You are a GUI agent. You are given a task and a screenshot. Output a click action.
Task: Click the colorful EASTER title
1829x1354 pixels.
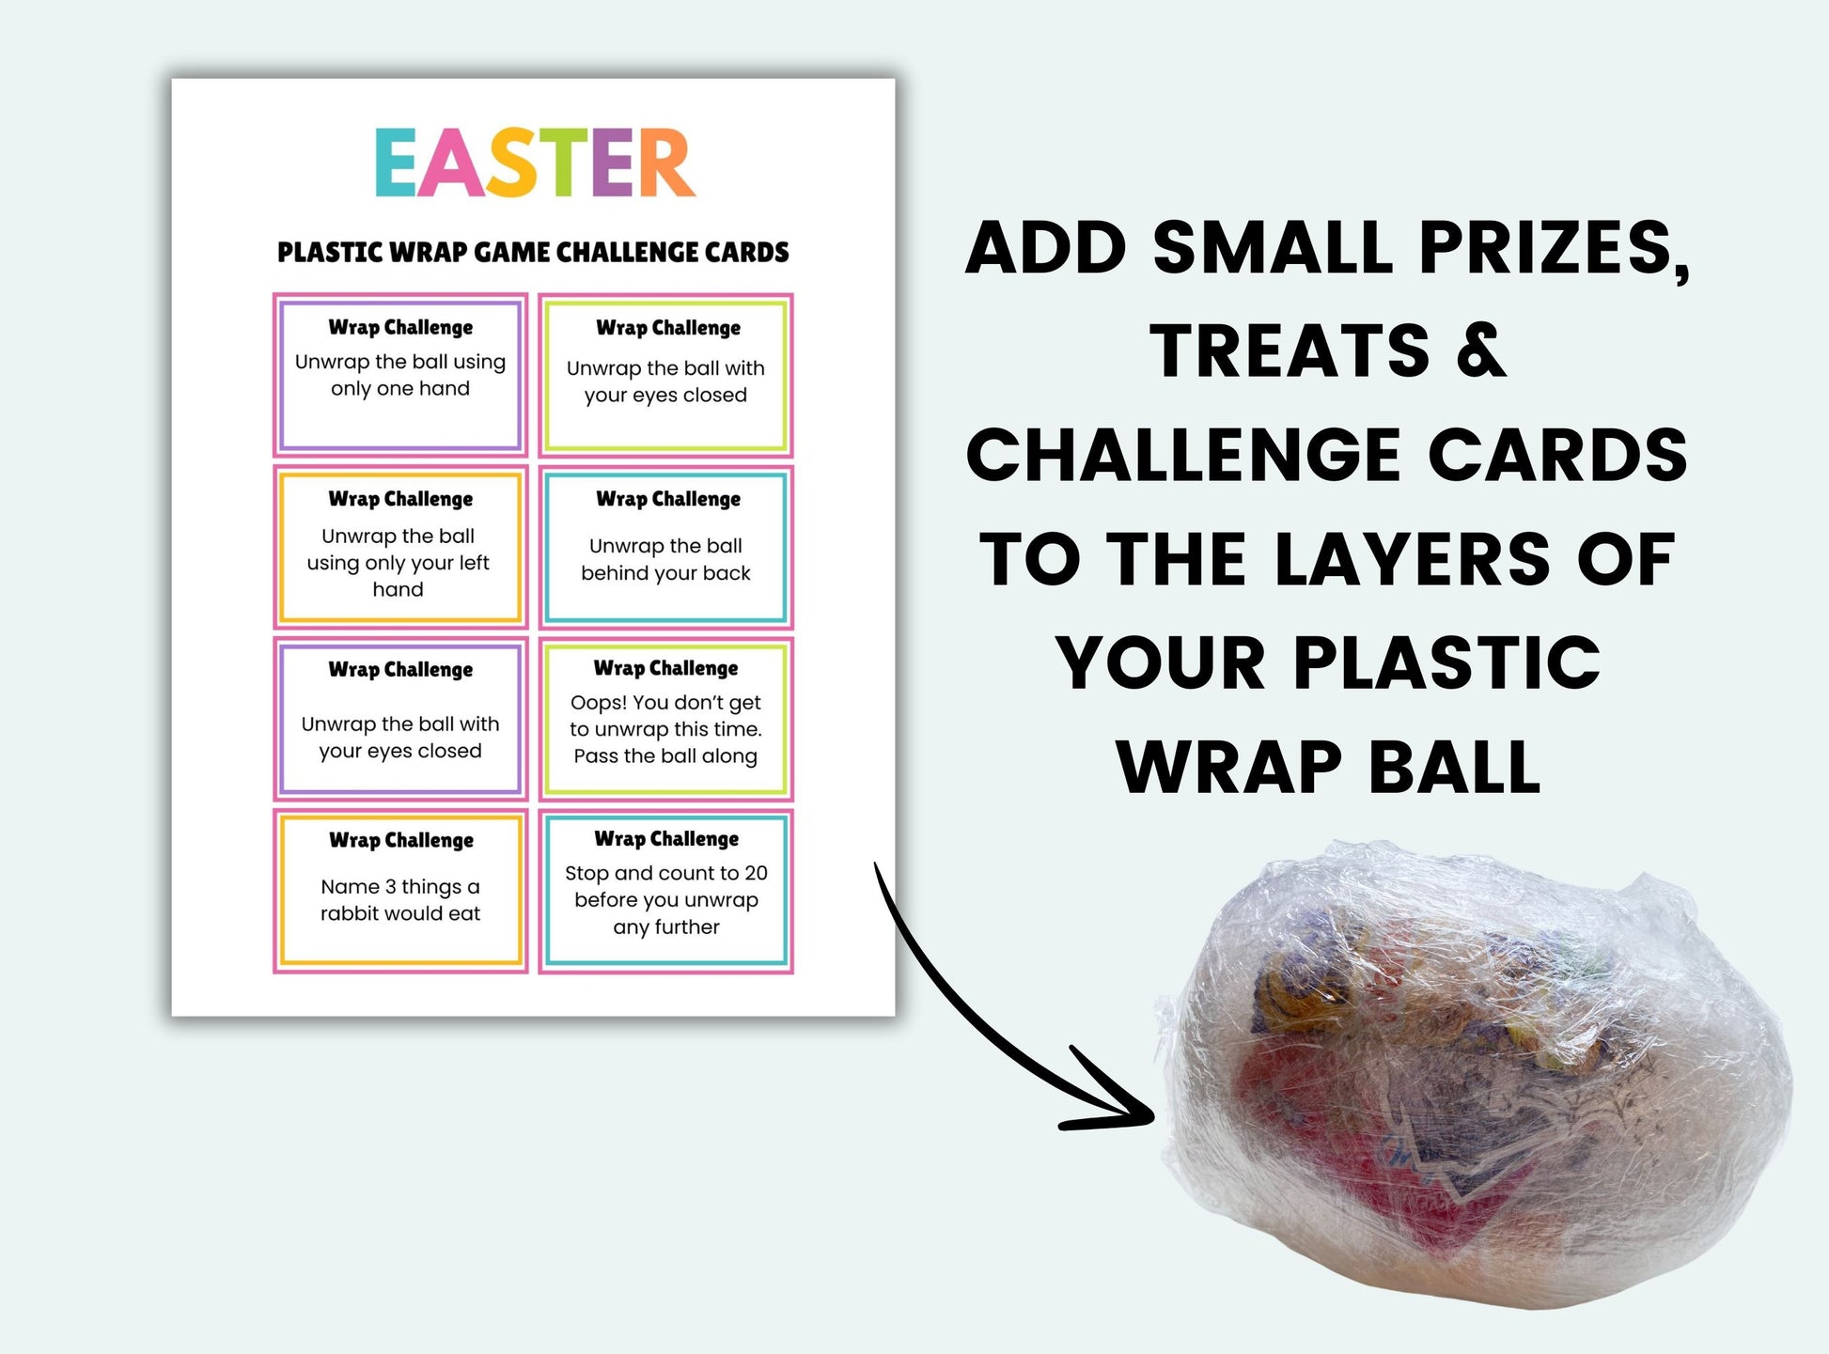tap(535, 163)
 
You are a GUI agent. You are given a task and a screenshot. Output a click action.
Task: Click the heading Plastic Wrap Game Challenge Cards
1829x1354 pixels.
tap(533, 253)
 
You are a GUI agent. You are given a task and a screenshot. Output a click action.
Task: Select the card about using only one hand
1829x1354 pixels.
tap(400, 375)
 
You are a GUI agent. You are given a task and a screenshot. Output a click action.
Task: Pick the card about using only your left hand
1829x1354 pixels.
tap(400, 547)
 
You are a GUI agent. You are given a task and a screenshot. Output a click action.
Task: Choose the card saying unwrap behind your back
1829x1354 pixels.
tap(665, 547)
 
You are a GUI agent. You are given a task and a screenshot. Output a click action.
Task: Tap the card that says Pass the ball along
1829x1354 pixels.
tap(665, 719)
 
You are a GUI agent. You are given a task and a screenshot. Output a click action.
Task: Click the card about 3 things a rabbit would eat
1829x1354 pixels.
tap(400, 891)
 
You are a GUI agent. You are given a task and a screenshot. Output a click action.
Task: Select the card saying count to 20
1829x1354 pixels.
tap(665, 891)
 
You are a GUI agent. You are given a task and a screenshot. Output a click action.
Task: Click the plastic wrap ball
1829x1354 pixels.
tap(1476, 1071)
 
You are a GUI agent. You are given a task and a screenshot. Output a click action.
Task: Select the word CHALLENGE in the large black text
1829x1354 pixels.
tap(1188, 455)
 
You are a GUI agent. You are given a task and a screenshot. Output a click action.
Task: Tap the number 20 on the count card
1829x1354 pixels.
tap(756, 873)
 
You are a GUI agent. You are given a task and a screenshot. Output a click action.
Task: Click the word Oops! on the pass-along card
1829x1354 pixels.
tap(599, 703)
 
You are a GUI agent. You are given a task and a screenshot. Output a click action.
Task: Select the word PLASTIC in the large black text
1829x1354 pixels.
tap(1446, 662)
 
